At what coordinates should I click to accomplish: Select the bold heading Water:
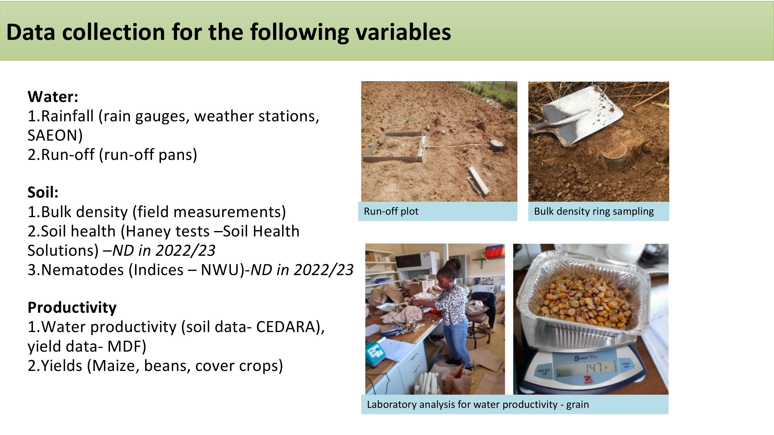click(x=53, y=97)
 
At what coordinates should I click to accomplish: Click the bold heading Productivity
click(x=72, y=308)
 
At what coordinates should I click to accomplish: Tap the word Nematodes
click(x=82, y=270)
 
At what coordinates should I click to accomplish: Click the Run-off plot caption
click(x=391, y=212)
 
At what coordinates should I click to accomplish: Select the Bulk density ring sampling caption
click(x=594, y=212)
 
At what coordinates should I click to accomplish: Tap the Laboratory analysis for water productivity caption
click(x=478, y=405)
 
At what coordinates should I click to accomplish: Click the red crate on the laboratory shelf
click(x=494, y=251)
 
